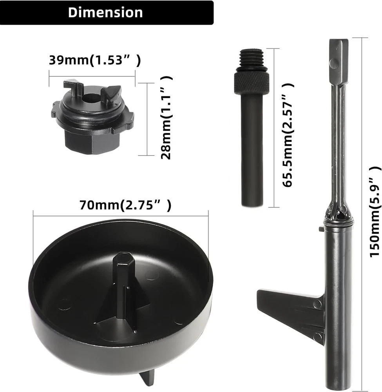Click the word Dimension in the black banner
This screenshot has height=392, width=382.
(105, 12)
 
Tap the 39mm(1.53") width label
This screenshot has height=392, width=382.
(95, 60)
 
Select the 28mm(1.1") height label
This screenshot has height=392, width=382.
(166, 118)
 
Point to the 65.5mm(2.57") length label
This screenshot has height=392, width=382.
(288, 135)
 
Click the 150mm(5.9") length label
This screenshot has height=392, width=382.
(375, 212)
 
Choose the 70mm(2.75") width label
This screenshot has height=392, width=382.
(126, 205)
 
